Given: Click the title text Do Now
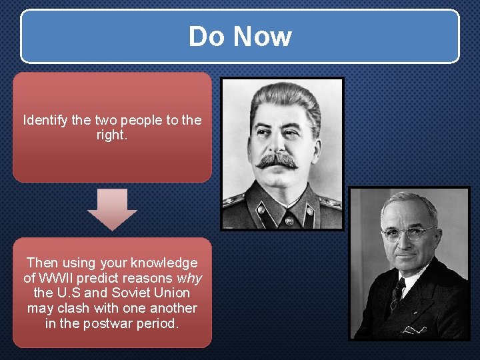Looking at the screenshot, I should point(240,36).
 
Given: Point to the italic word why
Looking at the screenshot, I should point(190,278).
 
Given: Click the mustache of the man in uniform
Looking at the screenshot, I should point(277,161).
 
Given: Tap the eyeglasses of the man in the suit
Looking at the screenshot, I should point(408,233).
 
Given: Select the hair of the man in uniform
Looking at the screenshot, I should point(283,100).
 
